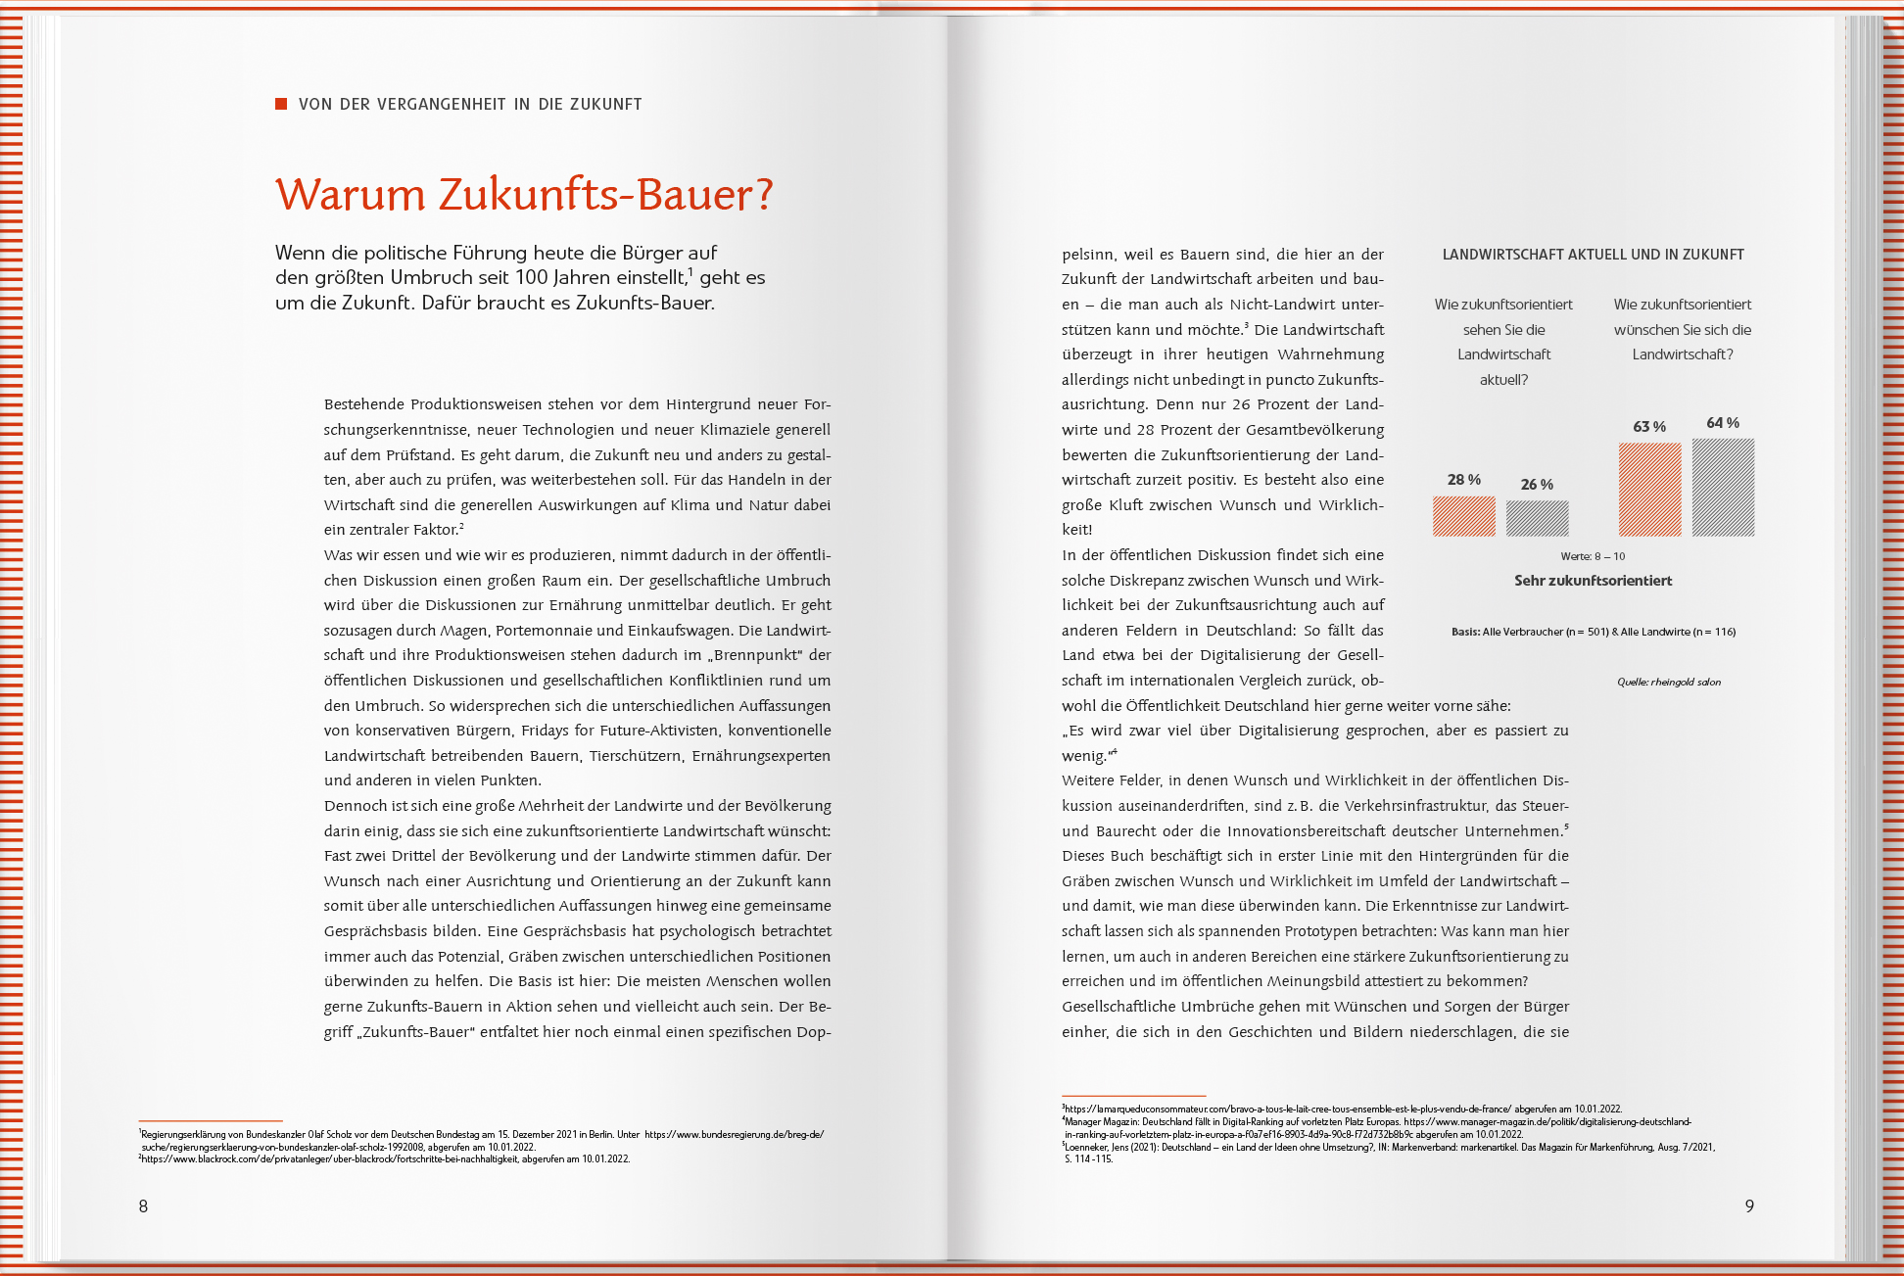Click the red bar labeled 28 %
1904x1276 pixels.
tap(1463, 516)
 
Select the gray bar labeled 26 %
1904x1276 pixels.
tap(1537, 519)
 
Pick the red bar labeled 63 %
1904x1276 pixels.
tap(1649, 490)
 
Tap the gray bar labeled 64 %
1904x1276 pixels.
tap(1723, 488)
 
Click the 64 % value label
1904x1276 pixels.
tap(1723, 423)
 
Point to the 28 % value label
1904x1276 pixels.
tap(1463, 480)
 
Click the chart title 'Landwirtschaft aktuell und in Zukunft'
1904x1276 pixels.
tap(1593, 255)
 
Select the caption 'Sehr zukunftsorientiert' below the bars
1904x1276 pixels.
tap(1593, 581)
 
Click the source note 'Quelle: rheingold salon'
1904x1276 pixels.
tap(1668, 683)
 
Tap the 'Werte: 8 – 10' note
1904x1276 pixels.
tap(1593, 556)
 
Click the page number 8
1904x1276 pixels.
tap(143, 1206)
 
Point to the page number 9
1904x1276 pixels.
tap(1749, 1206)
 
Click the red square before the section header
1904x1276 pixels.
tap(281, 104)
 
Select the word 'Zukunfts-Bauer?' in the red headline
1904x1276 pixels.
tap(605, 195)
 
